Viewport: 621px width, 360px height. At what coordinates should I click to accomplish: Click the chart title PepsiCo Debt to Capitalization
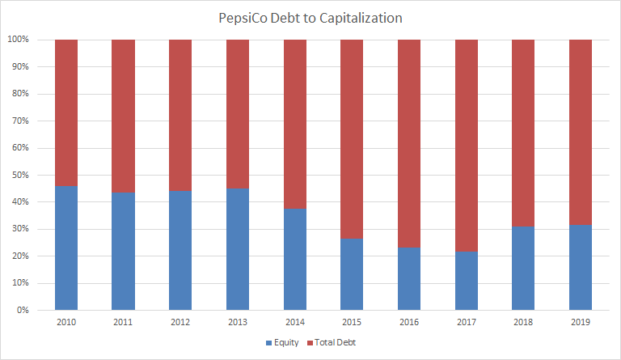(x=310, y=17)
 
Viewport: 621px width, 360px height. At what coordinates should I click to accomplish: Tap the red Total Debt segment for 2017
(x=467, y=146)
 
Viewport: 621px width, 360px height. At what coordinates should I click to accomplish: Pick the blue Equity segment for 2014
(x=294, y=259)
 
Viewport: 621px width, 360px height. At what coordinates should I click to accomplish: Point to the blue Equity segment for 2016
(x=409, y=278)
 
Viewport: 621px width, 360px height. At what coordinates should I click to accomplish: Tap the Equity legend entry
(x=280, y=342)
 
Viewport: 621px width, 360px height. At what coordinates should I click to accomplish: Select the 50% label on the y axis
(x=20, y=175)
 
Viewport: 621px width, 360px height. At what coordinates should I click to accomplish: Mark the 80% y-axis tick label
(x=20, y=94)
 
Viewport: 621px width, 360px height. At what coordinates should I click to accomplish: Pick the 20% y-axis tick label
(x=20, y=256)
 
